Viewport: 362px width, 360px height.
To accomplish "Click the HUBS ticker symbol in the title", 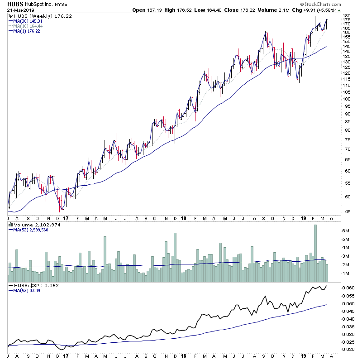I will click(x=15, y=4).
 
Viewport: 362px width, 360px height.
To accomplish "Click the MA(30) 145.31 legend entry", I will click(x=28, y=21).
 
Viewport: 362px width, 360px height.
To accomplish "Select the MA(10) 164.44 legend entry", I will click(x=28, y=26).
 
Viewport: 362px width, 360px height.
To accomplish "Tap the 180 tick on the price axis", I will click(x=347, y=16).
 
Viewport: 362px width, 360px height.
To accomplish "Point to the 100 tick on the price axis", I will click(x=347, y=99).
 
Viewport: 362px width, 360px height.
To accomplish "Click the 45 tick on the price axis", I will click(x=346, y=211).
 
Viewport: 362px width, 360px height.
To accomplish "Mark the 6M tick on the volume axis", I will click(x=346, y=231).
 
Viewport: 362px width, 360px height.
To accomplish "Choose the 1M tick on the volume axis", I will click(x=346, y=274).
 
